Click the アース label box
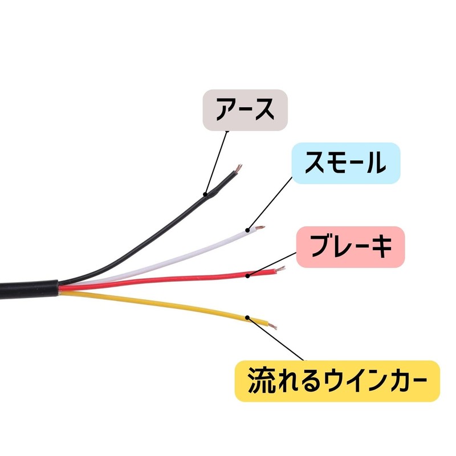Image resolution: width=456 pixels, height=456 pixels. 245,110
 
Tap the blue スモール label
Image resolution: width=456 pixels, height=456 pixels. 346,163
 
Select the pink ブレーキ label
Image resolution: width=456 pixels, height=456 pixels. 351,247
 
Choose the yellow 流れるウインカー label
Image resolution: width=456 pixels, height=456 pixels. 337,381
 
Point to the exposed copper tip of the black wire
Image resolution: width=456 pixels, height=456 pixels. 238,168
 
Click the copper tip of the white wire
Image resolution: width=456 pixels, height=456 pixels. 260,227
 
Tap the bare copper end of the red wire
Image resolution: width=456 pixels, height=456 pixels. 280,269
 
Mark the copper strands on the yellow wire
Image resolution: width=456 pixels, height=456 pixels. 272,326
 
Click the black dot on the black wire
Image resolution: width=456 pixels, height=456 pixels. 205,194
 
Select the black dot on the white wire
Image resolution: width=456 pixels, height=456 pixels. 247,230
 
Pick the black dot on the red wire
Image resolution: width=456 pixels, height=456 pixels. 247,275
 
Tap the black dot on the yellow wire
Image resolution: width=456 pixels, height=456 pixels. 247,317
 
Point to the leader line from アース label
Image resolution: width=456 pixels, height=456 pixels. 216,163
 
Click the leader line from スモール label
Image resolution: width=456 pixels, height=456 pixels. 270,203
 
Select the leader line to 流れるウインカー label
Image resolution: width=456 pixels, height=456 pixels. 275,339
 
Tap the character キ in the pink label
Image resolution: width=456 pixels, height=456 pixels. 381,247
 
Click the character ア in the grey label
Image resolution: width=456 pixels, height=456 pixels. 226,110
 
